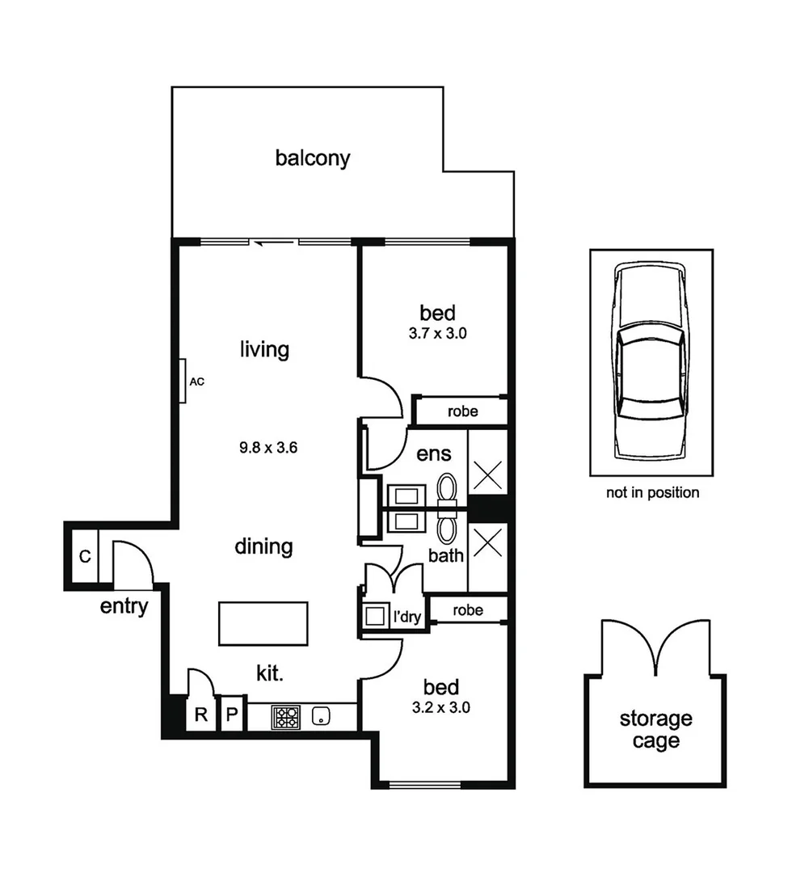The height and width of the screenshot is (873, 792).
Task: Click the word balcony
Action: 313,158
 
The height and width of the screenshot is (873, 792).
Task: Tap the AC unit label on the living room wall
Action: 196,382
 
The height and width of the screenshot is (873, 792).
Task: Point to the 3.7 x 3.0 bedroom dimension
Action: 437,332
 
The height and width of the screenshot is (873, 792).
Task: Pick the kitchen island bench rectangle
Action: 263,623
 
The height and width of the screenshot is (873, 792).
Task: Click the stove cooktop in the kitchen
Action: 284,716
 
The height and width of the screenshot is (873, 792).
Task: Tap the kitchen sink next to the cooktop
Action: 322,715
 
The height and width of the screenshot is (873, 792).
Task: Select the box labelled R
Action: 200,715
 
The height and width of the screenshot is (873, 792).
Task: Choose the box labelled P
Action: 231,715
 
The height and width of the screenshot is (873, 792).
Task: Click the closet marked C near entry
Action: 83,556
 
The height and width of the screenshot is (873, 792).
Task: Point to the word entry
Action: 124,606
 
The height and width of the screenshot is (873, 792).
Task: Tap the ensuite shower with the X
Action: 487,475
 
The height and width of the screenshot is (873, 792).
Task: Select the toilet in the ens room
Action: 447,487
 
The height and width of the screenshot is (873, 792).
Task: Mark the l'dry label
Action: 407,618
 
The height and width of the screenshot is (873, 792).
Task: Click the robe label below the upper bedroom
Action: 462,411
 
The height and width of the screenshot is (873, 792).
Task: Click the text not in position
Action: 652,492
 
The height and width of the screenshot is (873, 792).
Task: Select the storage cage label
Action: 655,729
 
